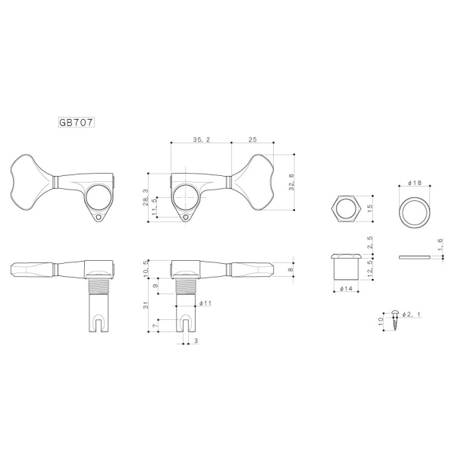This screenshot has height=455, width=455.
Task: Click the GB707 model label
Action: (76, 121)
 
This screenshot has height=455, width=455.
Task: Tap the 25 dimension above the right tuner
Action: (252, 140)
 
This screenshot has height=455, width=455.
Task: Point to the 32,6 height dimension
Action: (293, 180)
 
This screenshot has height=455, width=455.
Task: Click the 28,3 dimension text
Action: (146, 199)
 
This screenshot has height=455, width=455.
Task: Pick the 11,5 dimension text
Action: (156, 208)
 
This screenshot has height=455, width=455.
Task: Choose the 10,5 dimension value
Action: (146, 268)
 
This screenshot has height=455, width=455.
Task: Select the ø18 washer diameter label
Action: (414, 184)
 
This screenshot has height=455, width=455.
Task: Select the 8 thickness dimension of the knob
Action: (293, 269)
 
